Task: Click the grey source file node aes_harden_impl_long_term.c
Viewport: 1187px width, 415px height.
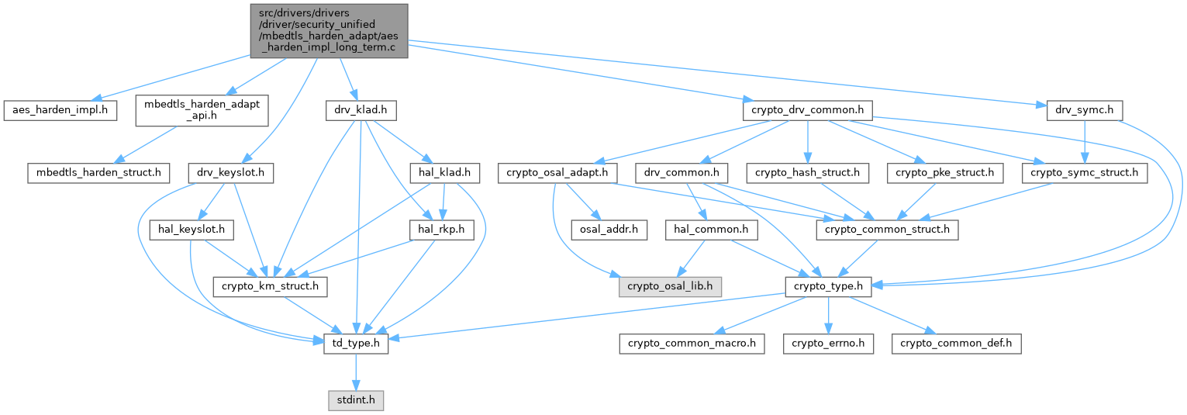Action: [x=329, y=31]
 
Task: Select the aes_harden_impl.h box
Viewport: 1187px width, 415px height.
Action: [x=60, y=110]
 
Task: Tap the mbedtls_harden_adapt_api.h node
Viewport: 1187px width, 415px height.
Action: [x=202, y=110]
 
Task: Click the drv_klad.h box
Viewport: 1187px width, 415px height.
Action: [x=361, y=110]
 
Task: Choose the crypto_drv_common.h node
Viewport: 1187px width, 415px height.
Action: [x=808, y=110]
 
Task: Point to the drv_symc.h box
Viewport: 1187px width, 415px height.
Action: [x=1084, y=110]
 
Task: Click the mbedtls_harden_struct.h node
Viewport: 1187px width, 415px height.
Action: [x=98, y=173]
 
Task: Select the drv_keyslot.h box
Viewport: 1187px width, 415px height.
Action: [x=231, y=173]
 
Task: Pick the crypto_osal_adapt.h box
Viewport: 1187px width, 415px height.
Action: [x=557, y=173]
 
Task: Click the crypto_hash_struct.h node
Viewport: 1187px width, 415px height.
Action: [x=808, y=173]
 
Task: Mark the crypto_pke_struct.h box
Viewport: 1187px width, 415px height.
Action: [x=945, y=173]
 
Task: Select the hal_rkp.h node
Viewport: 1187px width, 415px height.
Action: [x=442, y=230]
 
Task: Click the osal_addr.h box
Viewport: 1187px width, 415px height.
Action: [x=609, y=230]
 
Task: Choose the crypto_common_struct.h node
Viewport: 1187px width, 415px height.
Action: [x=887, y=230]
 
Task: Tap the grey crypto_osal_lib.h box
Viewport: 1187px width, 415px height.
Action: [x=670, y=287]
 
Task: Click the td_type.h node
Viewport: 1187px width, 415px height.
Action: [x=356, y=344]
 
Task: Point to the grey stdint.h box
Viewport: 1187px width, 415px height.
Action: [x=356, y=400]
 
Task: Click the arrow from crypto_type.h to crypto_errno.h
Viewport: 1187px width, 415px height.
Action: [x=828, y=315]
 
